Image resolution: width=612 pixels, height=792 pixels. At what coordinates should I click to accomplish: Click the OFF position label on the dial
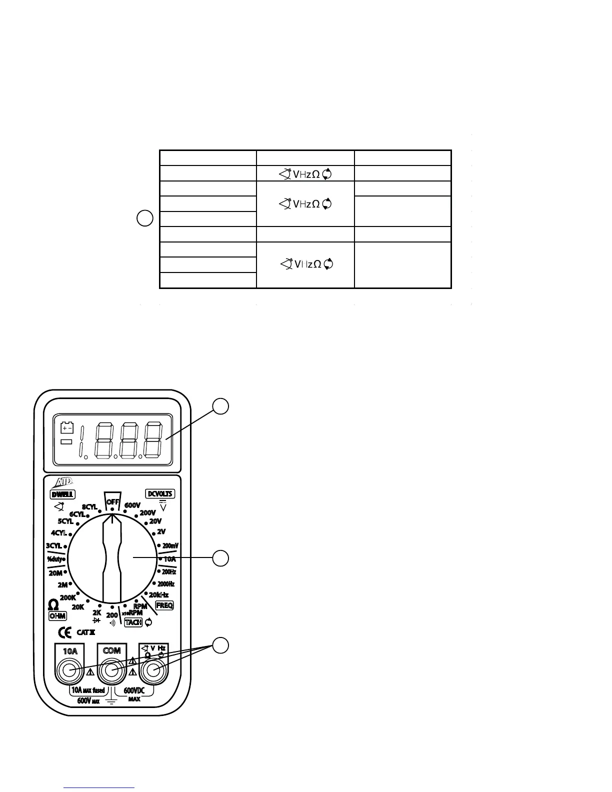point(112,502)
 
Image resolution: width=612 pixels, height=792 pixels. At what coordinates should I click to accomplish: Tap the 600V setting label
point(132,505)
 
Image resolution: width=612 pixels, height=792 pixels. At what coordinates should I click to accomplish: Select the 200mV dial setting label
point(170,545)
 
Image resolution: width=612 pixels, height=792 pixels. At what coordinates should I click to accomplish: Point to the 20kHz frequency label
point(158,594)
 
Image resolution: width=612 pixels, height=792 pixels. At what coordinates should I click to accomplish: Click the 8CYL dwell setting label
point(89,507)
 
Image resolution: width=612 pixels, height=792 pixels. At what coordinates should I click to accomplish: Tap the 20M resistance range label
point(55,573)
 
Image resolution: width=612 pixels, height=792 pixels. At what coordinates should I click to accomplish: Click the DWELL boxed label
point(62,494)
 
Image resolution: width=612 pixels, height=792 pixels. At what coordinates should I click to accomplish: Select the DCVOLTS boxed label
point(160,493)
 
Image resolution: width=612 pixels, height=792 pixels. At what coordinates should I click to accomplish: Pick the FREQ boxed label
point(164,605)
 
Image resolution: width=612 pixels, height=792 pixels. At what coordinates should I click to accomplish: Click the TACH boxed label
point(133,622)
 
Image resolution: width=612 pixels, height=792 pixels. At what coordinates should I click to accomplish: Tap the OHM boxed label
point(57,615)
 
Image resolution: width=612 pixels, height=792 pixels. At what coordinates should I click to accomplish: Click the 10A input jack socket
point(70,670)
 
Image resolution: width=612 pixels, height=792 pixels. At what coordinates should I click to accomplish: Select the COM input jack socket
point(112,670)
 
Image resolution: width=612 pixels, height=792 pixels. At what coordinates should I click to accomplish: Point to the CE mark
point(65,632)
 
